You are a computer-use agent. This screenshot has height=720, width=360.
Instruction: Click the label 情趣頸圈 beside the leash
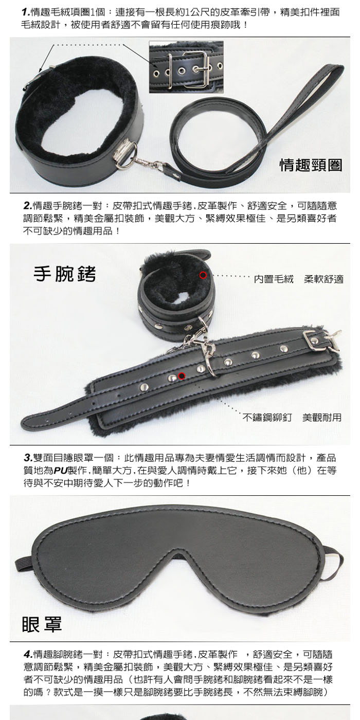pyautogui.click(x=311, y=165)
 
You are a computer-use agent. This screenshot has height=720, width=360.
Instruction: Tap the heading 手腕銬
pyautogui.click(x=65, y=274)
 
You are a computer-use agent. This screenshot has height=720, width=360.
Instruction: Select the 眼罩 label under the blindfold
pyautogui.click(x=42, y=625)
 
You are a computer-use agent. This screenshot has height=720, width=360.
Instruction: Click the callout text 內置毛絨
pyautogui.click(x=274, y=279)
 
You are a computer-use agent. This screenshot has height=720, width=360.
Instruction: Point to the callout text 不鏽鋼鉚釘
pyautogui.click(x=267, y=418)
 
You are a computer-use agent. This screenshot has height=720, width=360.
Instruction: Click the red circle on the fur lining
pyautogui.click(x=203, y=275)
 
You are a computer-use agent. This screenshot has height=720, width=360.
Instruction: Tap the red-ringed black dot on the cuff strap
pyautogui.click(x=182, y=376)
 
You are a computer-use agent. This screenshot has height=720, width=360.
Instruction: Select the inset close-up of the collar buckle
pyautogui.click(x=186, y=67)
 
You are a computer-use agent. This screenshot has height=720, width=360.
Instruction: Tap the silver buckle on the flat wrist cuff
pyautogui.click(x=317, y=340)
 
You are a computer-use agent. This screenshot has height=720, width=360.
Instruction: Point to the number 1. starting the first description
pyautogui.click(x=26, y=12)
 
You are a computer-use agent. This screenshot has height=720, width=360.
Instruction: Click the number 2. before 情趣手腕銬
pyautogui.click(x=28, y=205)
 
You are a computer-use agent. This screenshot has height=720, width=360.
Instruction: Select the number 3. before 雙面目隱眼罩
pyautogui.click(x=28, y=457)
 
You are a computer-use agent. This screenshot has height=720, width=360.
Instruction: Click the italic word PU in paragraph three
pyautogui.click(x=61, y=471)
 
